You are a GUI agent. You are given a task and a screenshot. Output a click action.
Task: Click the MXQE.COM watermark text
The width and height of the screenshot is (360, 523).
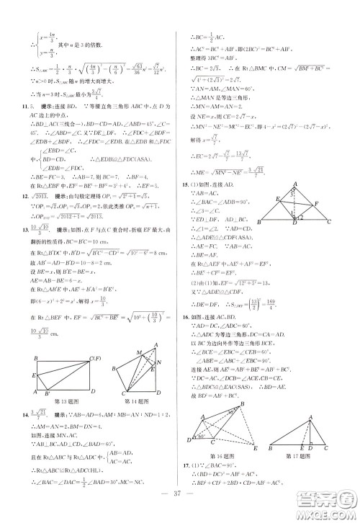332,511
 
